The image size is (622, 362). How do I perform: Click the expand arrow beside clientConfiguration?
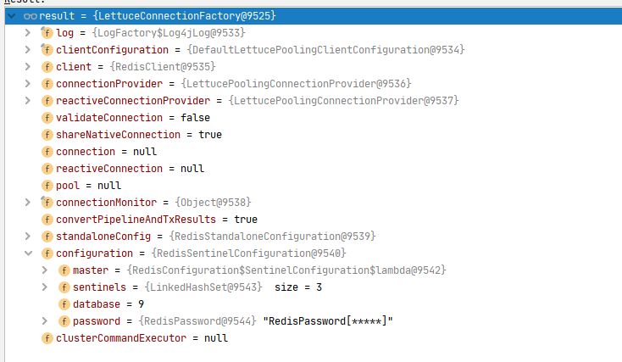pos(28,50)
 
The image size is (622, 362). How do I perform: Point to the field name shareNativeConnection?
pos(118,135)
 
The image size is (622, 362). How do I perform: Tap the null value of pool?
pos(109,186)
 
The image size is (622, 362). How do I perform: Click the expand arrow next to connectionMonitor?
pos(28,203)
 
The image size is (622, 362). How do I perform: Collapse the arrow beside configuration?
pos(28,253)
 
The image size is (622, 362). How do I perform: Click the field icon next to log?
pos(47,33)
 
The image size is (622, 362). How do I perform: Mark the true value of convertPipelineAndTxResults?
pos(246,220)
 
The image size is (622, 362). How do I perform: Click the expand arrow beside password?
pos(45,321)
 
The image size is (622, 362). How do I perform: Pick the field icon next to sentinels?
pos(64,287)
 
